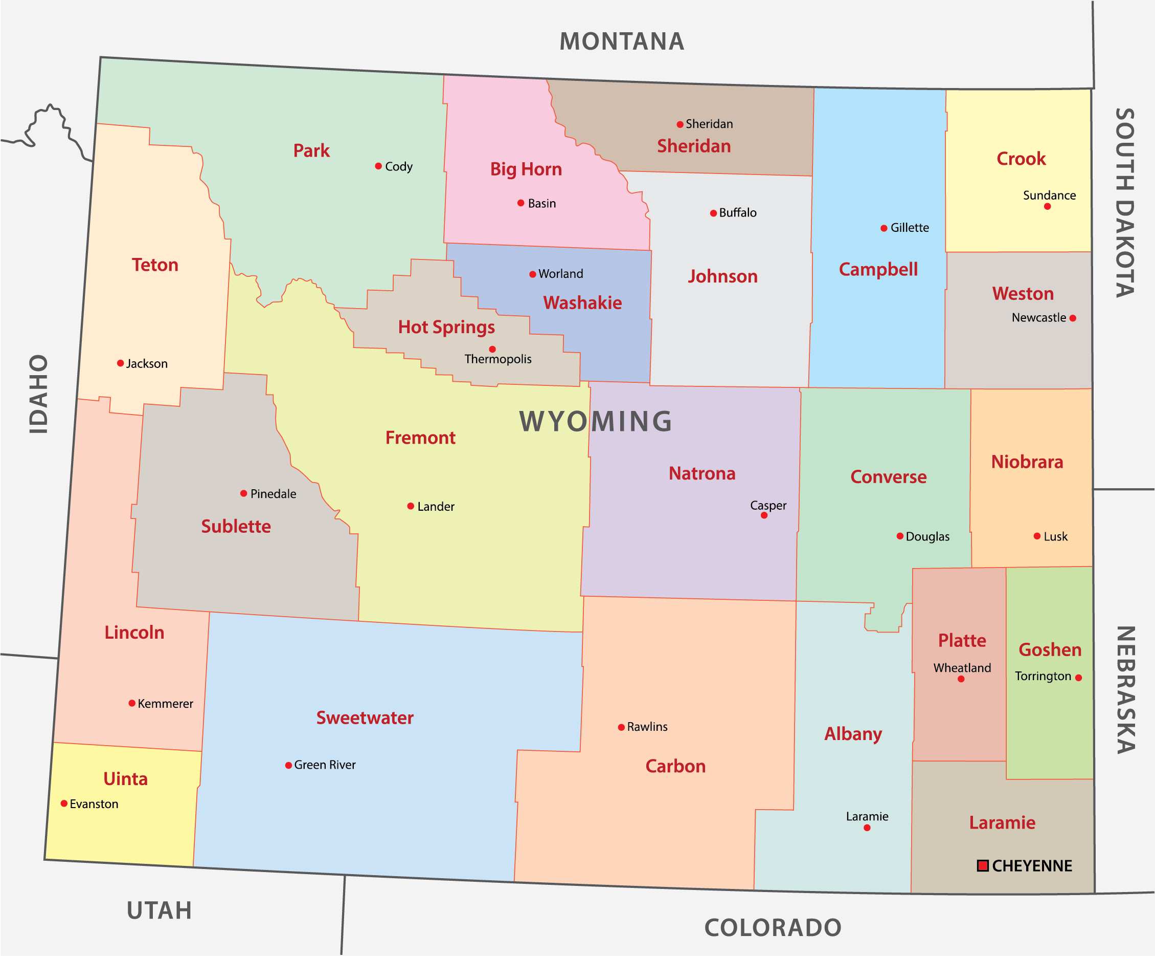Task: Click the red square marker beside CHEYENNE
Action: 982,866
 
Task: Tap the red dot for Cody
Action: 378,166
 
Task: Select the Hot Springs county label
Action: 446,327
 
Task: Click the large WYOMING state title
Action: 596,422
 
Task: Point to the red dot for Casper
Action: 764,515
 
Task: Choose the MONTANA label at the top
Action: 622,42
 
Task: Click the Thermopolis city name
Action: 498,359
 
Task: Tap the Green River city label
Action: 325,765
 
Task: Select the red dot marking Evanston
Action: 64,803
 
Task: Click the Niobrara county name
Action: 1027,462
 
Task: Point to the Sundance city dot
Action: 1047,206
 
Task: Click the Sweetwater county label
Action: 365,718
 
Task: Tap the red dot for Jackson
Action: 121,363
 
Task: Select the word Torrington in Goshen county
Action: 1043,676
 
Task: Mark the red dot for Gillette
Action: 884,228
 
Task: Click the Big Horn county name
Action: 526,169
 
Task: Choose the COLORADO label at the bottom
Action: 773,928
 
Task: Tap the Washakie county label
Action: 582,302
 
